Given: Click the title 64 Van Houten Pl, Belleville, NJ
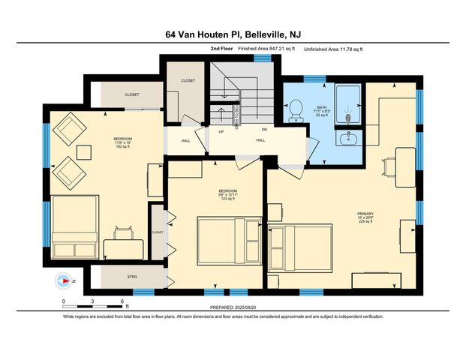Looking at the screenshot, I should (233, 34).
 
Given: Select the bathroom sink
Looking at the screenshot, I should (347, 139).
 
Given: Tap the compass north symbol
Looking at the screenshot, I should (63, 282).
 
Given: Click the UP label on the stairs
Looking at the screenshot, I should (221, 132).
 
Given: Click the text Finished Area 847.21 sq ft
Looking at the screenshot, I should (266, 48).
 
